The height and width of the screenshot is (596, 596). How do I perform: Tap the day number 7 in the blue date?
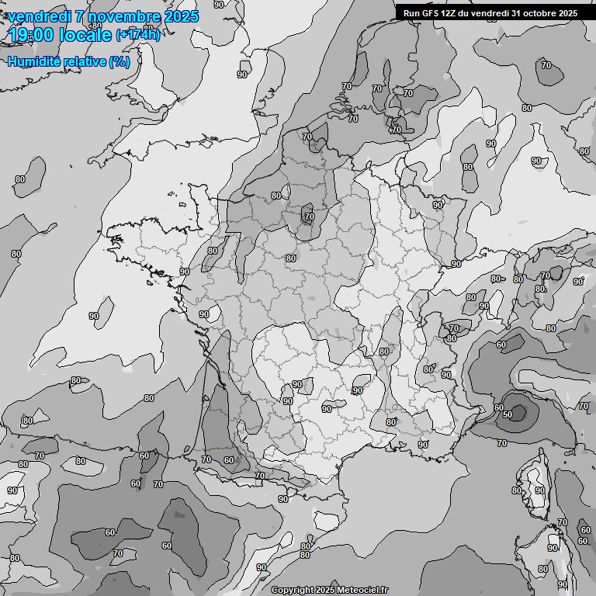click(81, 16)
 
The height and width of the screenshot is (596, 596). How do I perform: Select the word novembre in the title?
click(124, 16)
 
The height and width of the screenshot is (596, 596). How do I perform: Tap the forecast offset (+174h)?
click(138, 35)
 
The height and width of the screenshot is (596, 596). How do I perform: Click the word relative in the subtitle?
click(85, 61)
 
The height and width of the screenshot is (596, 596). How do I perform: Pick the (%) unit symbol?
click(120, 61)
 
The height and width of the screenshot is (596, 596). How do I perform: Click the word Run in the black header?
click(411, 13)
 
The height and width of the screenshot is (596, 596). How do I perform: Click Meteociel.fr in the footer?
click(360, 591)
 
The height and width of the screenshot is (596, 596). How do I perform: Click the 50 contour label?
click(508, 414)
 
